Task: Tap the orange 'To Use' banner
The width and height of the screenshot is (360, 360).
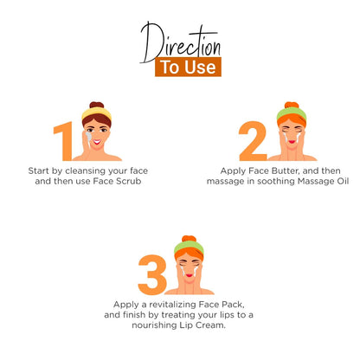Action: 188,67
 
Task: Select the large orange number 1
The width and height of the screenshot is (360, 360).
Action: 64,140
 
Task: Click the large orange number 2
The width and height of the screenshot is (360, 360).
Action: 253,140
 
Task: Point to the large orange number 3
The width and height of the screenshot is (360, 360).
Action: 151,273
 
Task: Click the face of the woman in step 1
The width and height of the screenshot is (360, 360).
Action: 97,133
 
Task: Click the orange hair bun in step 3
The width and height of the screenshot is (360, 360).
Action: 190,240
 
